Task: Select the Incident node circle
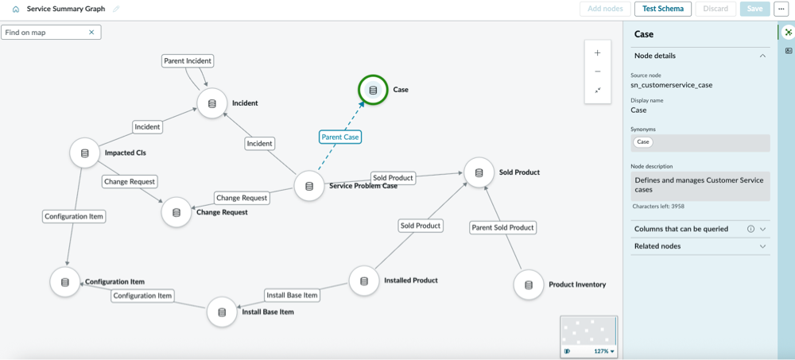point(212,103)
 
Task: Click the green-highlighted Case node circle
point(373,90)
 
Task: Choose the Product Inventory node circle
point(529,285)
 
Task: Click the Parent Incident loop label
point(188,61)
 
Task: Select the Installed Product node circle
point(364,281)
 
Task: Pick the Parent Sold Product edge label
point(502,227)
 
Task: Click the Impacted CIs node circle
point(85,153)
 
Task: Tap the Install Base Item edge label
point(292,295)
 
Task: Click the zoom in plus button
point(598,52)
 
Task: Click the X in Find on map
point(91,33)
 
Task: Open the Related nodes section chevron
point(762,246)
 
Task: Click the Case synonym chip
point(643,142)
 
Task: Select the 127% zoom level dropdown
point(604,351)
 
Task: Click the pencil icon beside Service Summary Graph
point(117,9)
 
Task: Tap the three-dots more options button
point(781,9)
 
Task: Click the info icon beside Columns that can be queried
point(751,229)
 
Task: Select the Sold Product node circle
point(479,172)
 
